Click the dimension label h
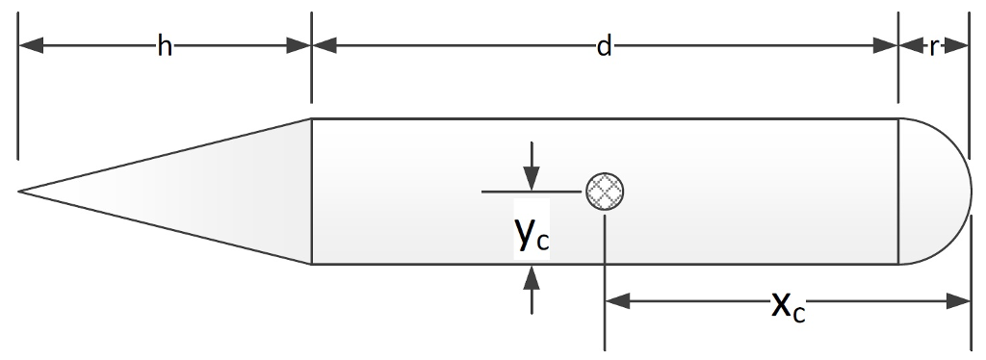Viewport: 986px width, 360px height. [165, 46]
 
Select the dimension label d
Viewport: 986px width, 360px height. [604, 46]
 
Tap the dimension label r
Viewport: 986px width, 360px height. [933, 46]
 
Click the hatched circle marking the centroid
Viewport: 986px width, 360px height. [606, 192]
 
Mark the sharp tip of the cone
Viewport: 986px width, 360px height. [20, 192]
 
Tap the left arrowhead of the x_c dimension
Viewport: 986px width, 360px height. [617, 302]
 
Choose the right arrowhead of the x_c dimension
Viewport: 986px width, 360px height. [958, 302]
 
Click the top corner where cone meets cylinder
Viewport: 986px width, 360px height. [311, 118]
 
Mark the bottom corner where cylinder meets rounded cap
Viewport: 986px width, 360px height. [897, 264]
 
